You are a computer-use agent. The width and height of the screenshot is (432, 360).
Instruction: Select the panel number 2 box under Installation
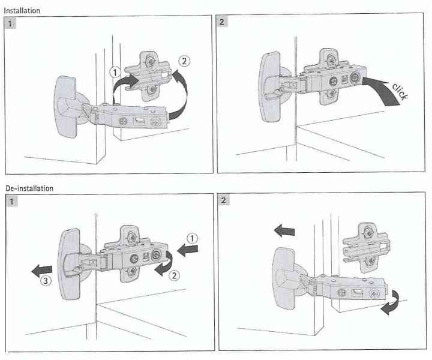[x=223, y=22]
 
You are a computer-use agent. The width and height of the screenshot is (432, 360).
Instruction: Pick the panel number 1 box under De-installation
[x=11, y=200]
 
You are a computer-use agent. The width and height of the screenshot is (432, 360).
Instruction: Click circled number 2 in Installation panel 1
[x=184, y=61]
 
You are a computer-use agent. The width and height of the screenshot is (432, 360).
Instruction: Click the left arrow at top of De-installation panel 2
[x=281, y=228]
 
